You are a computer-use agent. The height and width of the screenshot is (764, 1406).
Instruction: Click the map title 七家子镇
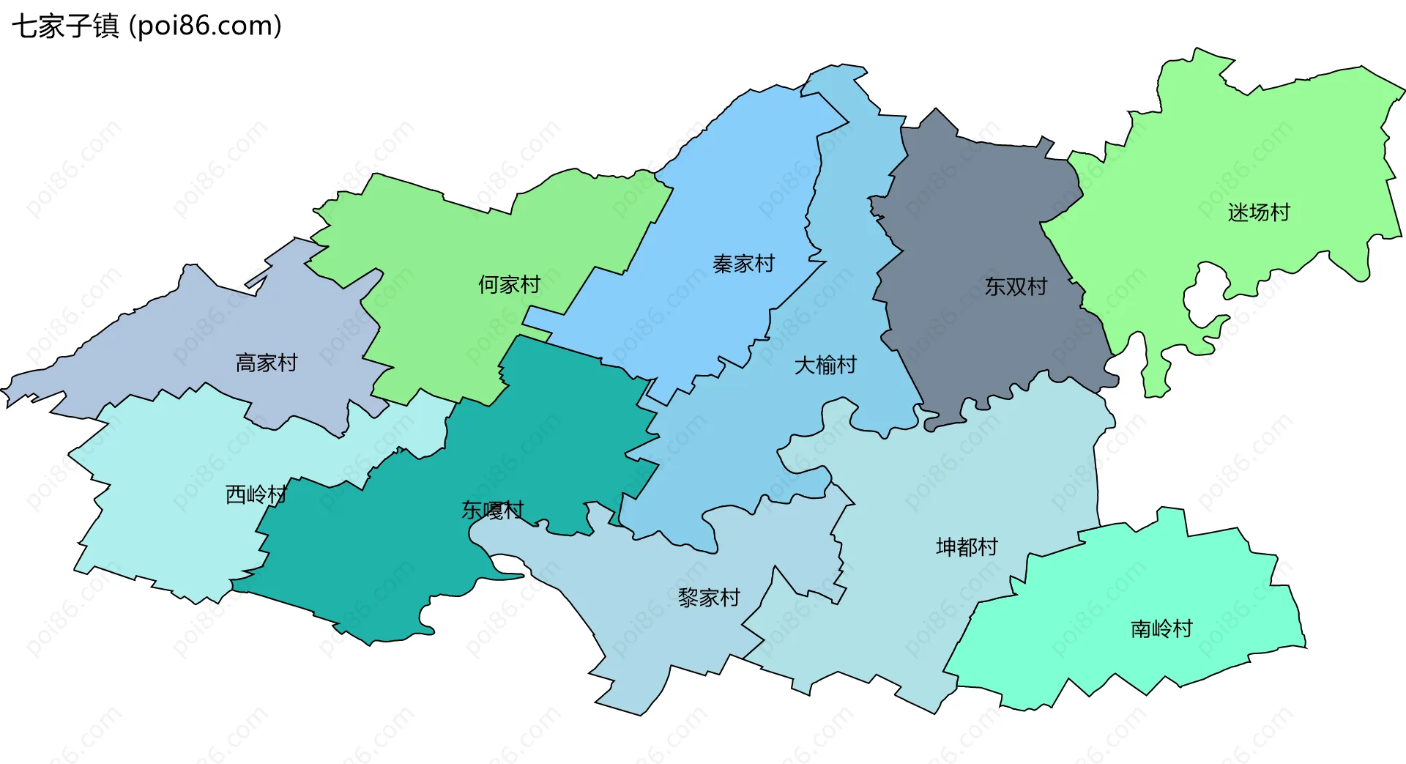coord(65,26)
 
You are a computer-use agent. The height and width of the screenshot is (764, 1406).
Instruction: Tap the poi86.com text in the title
coord(205,26)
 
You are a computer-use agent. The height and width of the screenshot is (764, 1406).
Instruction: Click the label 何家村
coord(509,284)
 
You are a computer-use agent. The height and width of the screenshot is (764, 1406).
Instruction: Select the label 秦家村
coord(743,264)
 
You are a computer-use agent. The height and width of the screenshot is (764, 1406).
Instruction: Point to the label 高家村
coord(266,363)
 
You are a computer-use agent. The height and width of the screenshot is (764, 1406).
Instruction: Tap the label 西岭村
coord(256,495)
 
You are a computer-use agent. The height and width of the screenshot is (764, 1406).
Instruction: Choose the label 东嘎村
coord(492,510)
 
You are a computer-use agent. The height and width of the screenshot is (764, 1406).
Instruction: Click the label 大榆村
coord(825,365)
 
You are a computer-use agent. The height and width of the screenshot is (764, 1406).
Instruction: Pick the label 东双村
coord(1016,286)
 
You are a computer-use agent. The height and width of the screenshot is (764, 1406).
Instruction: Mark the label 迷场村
coord(1258,212)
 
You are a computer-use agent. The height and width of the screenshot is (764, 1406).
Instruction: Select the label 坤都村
coord(967,547)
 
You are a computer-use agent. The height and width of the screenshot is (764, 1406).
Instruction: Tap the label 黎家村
coord(709,598)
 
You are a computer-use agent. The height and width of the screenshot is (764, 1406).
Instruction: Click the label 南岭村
coord(1161,628)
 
